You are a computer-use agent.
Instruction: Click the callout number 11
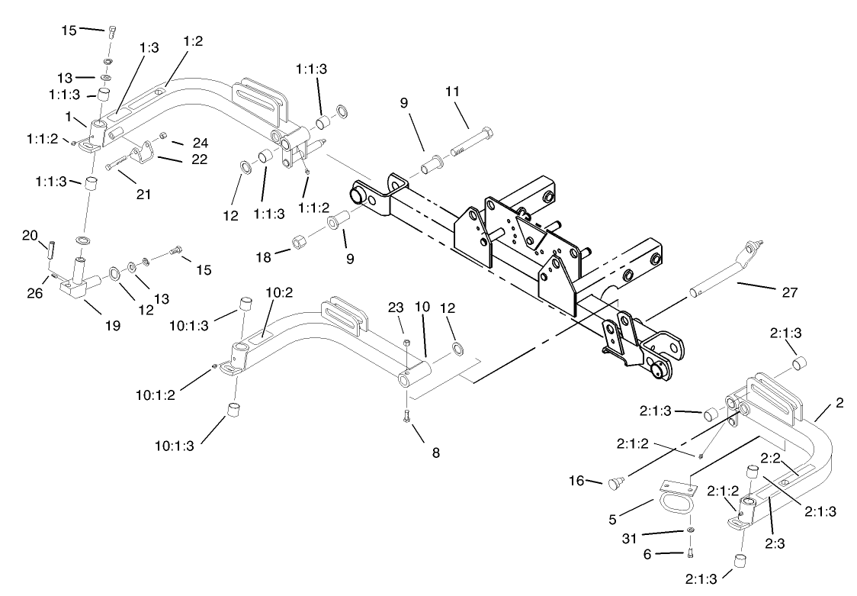coord(453,92)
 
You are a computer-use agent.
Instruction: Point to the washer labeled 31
coord(690,530)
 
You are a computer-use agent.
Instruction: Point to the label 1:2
coord(192,41)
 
